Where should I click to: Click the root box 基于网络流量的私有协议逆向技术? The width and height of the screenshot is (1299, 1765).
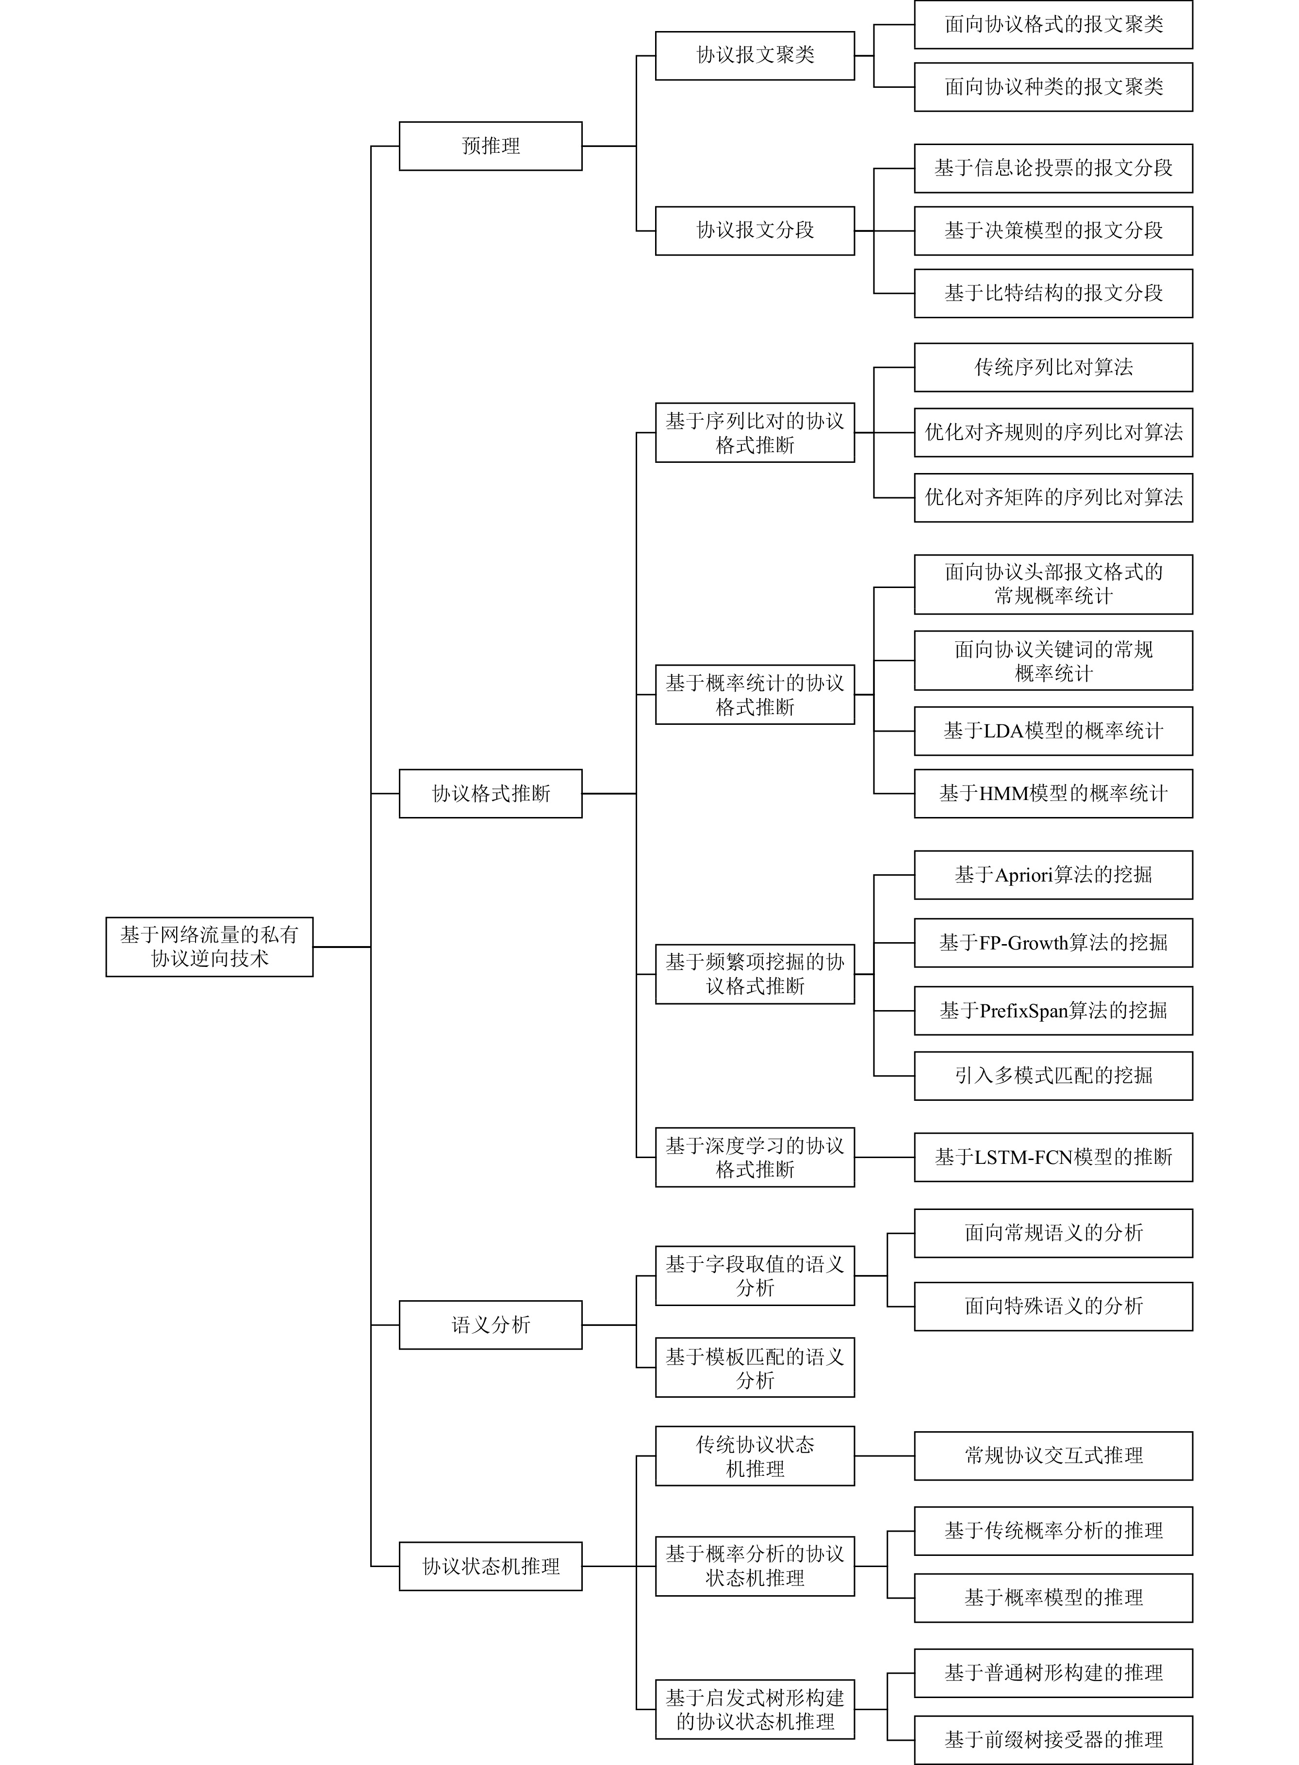coord(209,947)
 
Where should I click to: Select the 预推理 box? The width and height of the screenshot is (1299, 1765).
coord(491,146)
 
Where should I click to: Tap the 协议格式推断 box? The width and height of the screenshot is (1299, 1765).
coord(491,793)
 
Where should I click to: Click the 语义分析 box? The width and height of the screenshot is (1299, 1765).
coord(491,1325)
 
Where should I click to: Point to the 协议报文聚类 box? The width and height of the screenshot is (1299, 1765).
coord(755,55)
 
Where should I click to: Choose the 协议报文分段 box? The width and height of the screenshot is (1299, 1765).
coord(755,230)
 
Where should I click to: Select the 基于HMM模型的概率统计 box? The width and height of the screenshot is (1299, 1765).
coord(1053,793)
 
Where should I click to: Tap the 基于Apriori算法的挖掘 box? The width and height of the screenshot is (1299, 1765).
coord(1053,874)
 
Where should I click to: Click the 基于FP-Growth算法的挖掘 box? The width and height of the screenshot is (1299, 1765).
coord(1053,942)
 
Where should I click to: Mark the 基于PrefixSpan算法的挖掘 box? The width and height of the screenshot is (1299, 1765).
coord(1053,1010)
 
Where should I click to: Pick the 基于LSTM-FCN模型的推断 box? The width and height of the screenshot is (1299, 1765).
coord(1053,1157)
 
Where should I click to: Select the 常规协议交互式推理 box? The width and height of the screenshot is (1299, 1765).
coord(1053,1455)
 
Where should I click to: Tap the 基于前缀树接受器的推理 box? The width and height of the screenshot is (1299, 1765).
coord(1053,1740)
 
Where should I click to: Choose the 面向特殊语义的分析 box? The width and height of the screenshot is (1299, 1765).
coord(1053,1306)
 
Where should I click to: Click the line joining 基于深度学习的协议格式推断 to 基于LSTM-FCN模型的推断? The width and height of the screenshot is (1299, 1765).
coord(885,1157)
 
